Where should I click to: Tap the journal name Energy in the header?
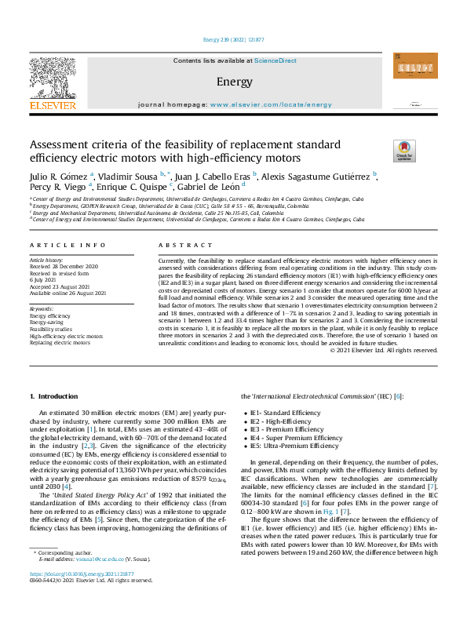coord(232,81)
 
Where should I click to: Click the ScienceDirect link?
coord(276,61)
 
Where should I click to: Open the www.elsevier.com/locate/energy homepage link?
coord(271,104)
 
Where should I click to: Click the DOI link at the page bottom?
coord(81,596)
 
